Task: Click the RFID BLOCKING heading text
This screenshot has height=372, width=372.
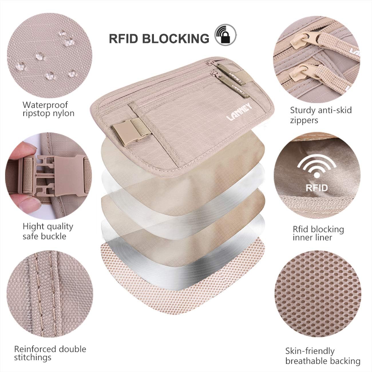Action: pos(159,38)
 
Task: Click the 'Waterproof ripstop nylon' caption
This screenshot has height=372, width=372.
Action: pos(49,109)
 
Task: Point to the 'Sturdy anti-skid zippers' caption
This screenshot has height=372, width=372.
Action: pos(320,115)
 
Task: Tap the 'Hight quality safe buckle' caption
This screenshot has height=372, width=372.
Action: pos(48,231)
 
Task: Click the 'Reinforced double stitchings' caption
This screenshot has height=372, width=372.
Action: pos(50,353)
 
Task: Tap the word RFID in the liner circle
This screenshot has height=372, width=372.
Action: pos(316,188)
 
